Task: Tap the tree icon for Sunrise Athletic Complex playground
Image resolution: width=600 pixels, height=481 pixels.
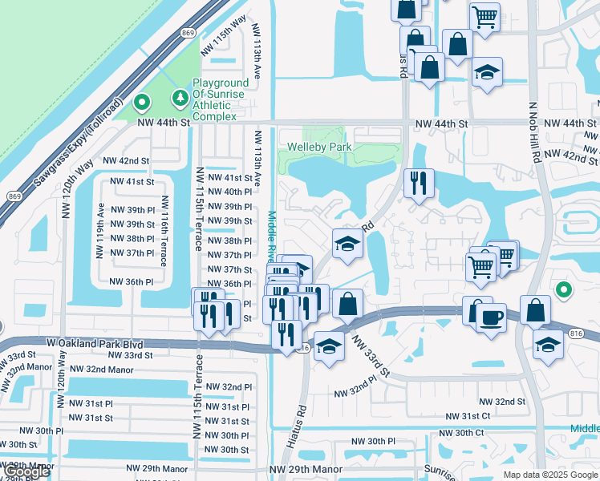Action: point(180,97)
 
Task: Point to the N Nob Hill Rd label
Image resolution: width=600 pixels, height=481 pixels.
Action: point(533,132)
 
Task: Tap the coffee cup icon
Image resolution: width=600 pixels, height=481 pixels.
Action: point(491,317)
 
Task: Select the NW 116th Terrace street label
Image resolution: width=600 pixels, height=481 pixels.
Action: point(164,232)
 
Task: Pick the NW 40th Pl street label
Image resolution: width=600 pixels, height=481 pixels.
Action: point(229,192)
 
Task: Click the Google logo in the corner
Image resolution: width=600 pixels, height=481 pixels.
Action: point(27,471)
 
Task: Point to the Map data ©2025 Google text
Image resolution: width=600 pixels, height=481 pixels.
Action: point(549,475)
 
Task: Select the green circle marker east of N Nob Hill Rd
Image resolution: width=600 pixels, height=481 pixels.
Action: point(563,290)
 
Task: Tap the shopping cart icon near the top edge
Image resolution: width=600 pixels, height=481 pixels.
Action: point(484,15)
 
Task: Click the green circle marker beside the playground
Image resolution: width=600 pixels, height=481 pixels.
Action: point(142,103)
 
